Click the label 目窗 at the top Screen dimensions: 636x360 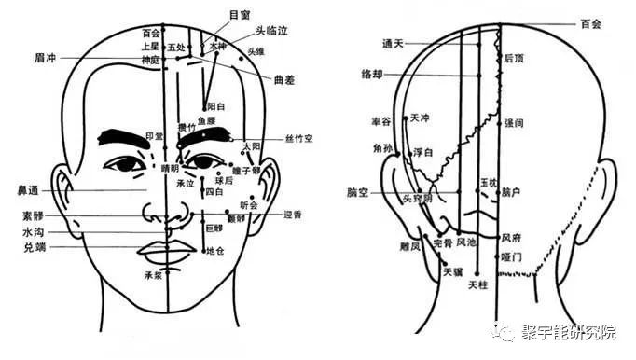[x=240, y=15]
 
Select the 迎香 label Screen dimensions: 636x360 [x=293, y=214]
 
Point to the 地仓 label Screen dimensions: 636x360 [x=215, y=250]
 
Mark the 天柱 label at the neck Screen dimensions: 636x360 [x=477, y=284]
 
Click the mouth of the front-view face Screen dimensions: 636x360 [x=167, y=252]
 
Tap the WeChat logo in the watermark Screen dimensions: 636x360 [x=506, y=332]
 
